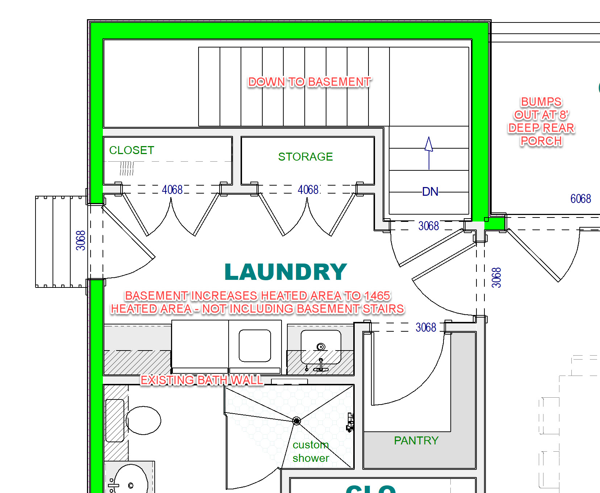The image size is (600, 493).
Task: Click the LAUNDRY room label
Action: (x=286, y=272)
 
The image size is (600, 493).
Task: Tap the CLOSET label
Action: (x=132, y=150)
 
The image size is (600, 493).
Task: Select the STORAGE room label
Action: (x=305, y=157)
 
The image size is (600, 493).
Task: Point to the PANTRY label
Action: (x=416, y=440)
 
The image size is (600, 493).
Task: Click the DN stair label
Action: (x=430, y=191)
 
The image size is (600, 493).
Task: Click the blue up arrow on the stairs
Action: (x=429, y=153)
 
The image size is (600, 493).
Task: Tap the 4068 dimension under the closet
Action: (x=172, y=190)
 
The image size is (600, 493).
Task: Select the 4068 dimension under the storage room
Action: (x=308, y=190)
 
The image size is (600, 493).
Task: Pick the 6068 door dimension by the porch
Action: (x=580, y=199)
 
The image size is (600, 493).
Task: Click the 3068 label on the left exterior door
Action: (x=80, y=240)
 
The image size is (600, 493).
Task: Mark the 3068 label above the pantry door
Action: (x=426, y=327)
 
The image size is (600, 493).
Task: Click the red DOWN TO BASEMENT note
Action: (x=309, y=82)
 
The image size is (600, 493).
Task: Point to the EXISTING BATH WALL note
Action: (x=202, y=380)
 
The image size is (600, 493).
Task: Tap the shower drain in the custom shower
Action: (x=296, y=421)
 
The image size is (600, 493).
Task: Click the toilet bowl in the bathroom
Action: (x=143, y=420)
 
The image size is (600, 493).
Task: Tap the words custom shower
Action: (x=311, y=451)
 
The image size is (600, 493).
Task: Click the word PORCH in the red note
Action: (x=541, y=141)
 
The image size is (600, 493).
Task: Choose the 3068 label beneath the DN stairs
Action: (x=429, y=226)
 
